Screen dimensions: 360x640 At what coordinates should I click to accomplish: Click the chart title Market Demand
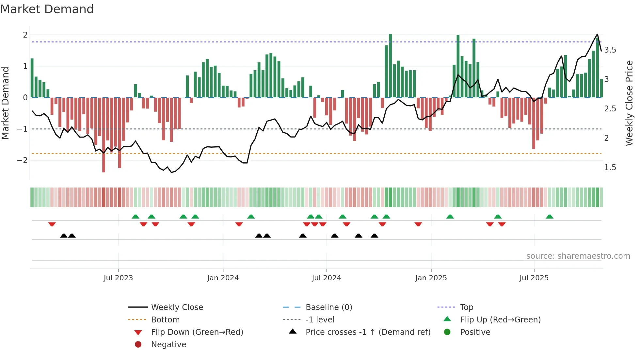[47, 9]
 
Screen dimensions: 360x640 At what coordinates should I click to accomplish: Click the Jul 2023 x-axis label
[118, 278]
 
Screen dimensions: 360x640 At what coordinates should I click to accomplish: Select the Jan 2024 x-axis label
[223, 278]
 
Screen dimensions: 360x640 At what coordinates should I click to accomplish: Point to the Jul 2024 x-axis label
[326, 278]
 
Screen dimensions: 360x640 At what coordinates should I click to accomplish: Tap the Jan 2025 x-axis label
[431, 278]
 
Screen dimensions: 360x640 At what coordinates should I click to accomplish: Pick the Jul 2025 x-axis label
[534, 278]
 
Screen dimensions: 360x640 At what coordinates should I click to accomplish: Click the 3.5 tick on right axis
[610, 50]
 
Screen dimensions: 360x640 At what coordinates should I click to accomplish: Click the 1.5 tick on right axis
[610, 168]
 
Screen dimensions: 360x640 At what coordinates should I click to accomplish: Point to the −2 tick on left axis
[22, 160]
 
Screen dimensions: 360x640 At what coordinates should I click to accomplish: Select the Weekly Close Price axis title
[629, 103]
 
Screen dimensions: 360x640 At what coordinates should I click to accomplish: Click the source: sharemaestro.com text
[578, 256]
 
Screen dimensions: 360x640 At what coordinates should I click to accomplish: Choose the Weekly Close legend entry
[177, 307]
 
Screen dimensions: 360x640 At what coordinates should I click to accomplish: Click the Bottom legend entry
[165, 320]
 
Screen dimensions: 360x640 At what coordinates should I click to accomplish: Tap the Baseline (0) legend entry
[328, 307]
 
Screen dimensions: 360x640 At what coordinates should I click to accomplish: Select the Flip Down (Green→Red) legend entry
[197, 332]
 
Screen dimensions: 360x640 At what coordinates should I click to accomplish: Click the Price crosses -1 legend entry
[368, 332]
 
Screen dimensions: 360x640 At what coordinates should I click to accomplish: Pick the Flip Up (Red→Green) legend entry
[500, 320]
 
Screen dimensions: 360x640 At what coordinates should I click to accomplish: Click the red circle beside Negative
[138, 345]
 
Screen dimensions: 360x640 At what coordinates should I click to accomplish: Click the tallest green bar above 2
[390, 65]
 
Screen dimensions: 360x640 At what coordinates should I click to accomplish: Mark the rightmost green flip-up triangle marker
[550, 217]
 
